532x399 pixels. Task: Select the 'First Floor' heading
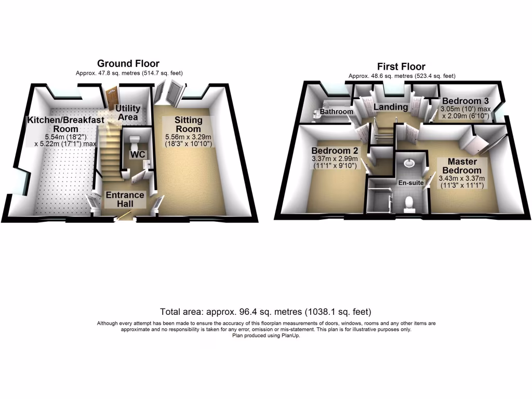pos(402,66)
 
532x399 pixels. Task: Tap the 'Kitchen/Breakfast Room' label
pos(65,124)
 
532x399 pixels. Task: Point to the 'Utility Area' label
pos(127,112)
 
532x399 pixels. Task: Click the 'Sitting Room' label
pos(188,124)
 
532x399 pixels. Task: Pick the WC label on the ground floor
pos(138,155)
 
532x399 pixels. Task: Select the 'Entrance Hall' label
pos(125,199)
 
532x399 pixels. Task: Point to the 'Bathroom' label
pos(336,112)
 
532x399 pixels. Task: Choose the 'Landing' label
pos(391,107)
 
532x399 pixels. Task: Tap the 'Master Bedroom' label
pos(461,166)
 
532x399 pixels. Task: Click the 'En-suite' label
pos(409,183)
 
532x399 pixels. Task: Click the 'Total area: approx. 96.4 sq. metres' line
pos(265,312)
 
